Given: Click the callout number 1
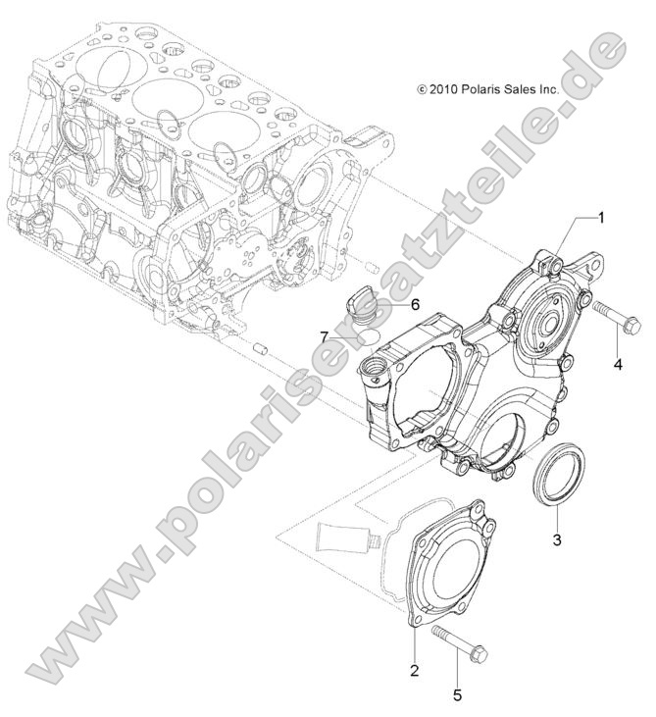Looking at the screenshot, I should click(x=602, y=217).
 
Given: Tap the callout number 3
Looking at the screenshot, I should click(x=556, y=539).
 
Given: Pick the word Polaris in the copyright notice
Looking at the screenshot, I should click(x=485, y=88).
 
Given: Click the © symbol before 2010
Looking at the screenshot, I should click(x=422, y=88).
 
